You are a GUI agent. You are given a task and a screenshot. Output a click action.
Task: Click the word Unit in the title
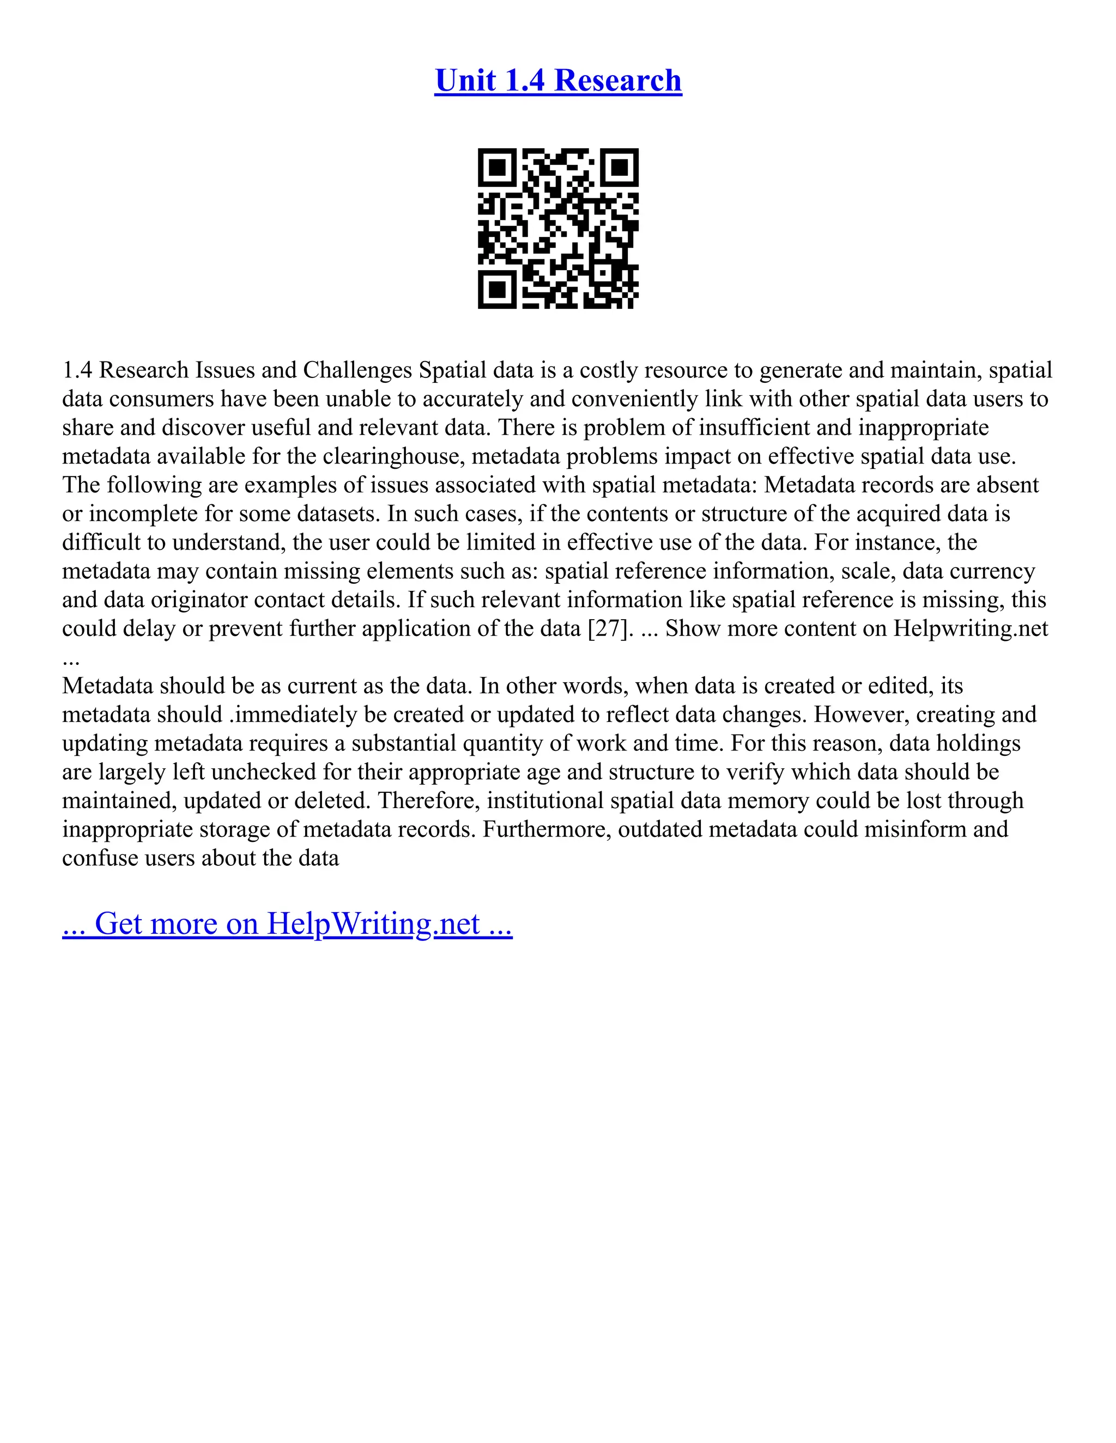click(465, 81)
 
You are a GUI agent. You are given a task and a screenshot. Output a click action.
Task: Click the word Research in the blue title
click(617, 81)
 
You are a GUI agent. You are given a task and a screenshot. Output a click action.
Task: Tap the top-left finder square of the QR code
click(496, 167)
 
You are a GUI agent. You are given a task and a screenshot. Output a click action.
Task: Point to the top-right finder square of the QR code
click(620, 167)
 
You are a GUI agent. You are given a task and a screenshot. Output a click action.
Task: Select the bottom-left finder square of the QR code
click(496, 289)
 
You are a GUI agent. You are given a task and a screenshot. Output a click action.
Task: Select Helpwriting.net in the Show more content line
click(971, 628)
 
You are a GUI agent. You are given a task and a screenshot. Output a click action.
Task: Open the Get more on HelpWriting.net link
click(287, 924)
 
